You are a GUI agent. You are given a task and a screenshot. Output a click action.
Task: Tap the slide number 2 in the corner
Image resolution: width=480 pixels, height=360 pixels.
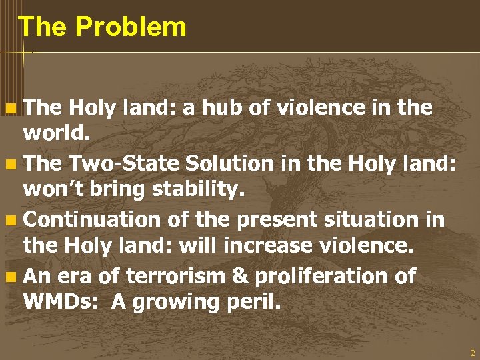[473, 353]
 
